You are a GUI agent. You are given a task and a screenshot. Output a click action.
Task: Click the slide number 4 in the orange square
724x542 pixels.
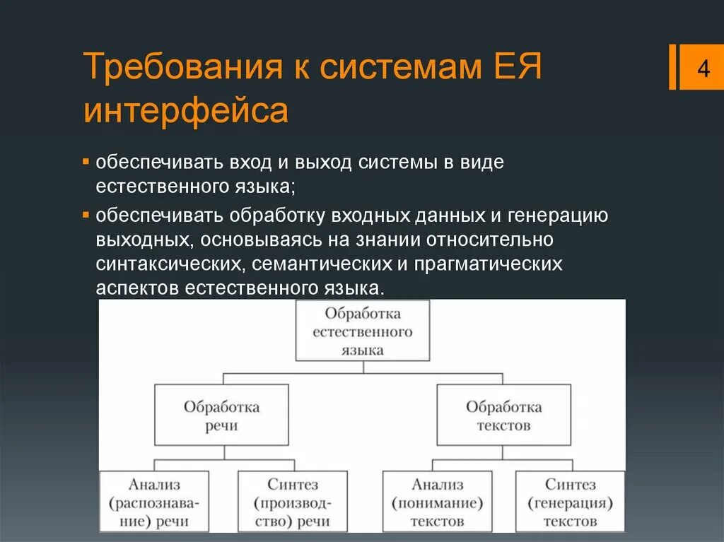click(x=703, y=69)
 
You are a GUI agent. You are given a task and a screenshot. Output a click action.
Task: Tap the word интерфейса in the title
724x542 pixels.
click(x=186, y=111)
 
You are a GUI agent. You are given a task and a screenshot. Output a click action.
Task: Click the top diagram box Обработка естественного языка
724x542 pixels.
click(x=362, y=331)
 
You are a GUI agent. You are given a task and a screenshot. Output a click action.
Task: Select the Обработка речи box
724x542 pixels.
click(x=221, y=416)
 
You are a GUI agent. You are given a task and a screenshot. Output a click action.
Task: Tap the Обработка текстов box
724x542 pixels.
click(x=503, y=416)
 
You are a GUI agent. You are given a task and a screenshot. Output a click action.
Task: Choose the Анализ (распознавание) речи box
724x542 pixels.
click(x=154, y=502)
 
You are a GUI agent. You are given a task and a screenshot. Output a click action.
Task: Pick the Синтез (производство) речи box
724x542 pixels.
click(x=293, y=502)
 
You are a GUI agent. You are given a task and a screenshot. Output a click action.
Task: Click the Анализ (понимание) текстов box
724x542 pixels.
click(x=438, y=502)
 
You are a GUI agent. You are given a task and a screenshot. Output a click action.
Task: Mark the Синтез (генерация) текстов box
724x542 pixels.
click(x=570, y=502)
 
